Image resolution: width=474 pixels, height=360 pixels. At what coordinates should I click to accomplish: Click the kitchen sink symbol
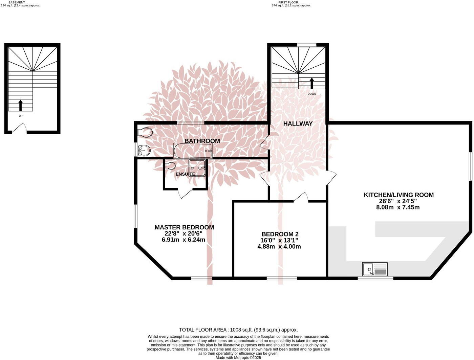375,269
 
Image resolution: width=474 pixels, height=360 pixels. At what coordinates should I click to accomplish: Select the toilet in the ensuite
171,166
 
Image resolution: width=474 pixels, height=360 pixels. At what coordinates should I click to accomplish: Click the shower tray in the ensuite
197,167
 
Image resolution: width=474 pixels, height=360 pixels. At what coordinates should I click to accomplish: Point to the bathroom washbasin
145,150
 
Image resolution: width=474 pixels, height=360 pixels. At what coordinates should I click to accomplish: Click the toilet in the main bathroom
145,132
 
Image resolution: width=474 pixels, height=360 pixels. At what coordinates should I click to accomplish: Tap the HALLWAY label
298,124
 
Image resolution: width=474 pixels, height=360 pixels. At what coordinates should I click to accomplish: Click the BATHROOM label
202,141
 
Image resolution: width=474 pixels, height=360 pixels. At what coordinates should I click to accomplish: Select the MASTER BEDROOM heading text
184,227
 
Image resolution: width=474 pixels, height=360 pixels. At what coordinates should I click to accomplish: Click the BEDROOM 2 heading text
280,234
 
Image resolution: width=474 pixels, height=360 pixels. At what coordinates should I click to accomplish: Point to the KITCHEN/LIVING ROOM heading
398,195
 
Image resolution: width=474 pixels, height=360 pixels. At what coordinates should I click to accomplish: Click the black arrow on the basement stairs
20,105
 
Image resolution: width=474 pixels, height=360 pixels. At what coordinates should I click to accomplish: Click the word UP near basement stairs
21,116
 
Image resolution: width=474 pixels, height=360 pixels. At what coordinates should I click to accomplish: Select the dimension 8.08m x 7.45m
398,207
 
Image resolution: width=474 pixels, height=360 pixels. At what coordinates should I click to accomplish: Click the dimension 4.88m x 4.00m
279,247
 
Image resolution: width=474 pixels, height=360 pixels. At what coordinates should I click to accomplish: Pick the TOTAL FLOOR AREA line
238,330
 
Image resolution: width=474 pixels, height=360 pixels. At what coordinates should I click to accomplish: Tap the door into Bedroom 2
301,197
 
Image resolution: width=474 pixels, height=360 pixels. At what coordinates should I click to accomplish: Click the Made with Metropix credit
238,357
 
